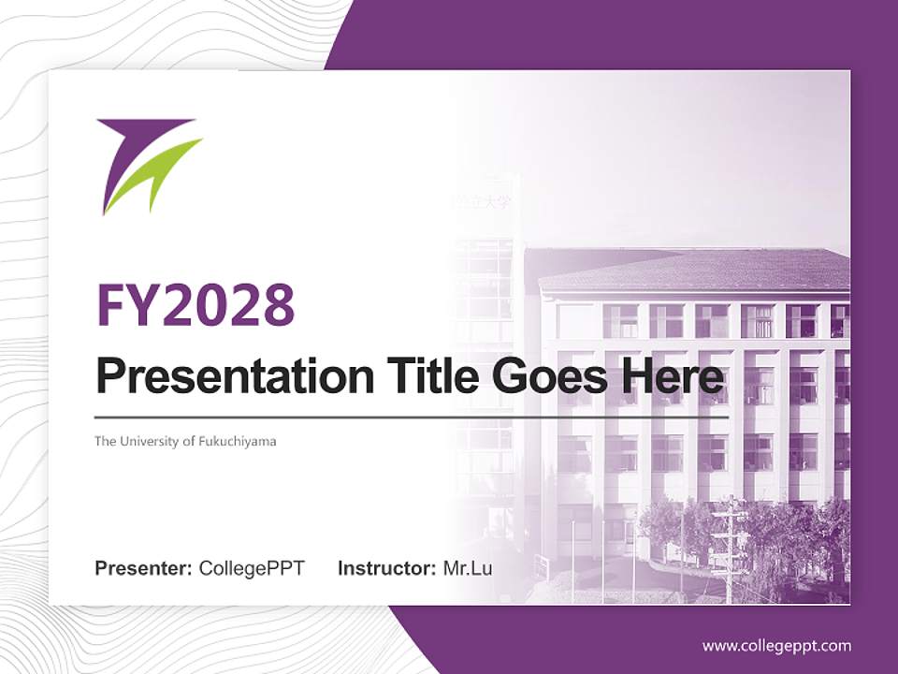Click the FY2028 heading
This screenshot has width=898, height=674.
pos(196,304)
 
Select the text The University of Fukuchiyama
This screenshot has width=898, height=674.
pos(185,441)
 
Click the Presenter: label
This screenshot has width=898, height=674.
pos(144,568)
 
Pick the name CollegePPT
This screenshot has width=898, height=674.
pos(252,568)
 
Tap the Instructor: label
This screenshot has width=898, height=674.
pos(386,568)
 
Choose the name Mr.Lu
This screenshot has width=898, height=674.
pos(468,568)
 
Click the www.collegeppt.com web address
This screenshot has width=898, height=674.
pos(776,646)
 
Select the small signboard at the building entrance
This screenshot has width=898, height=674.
pos(542,564)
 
